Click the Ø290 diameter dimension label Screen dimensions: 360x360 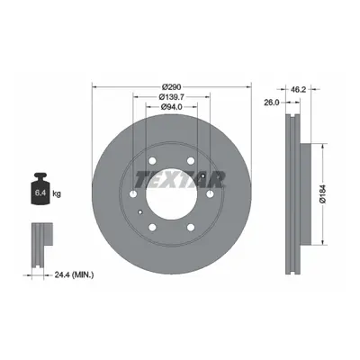[171, 87]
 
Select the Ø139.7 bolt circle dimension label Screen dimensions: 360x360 [171, 97]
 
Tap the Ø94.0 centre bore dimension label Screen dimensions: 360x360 [171, 107]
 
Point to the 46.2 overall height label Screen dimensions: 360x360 [298, 89]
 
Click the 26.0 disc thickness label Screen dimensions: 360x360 [272, 103]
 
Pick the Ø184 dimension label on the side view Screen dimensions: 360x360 [323, 194]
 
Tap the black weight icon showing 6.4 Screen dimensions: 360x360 [40, 189]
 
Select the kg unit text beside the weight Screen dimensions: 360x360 [57, 193]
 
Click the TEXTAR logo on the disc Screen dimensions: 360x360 [180, 179]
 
